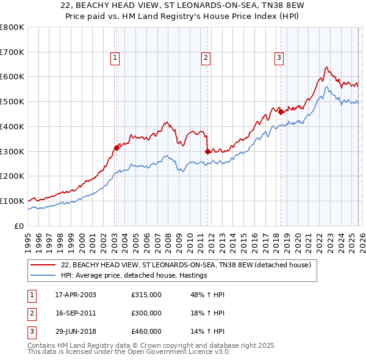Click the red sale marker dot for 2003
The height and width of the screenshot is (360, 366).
[x=117, y=147]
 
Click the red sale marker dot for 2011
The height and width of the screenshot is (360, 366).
[x=207, y=151]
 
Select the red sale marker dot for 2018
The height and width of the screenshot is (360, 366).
[x=281, y=111]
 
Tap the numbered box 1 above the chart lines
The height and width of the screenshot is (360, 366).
[x=115, y=58]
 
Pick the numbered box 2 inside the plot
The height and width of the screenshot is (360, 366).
[x=206, y=58]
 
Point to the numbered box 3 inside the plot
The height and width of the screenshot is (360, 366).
[x=279, y=58]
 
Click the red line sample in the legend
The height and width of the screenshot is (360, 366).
[x=43, y=265]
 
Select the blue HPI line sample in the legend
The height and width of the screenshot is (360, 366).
[x=43, y=276]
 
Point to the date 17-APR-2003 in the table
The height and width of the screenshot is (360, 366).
[x=75, y=295]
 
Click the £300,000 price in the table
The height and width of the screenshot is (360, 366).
[x=146, y=313]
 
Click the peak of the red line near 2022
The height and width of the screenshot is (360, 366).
[x=327, y=67]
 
